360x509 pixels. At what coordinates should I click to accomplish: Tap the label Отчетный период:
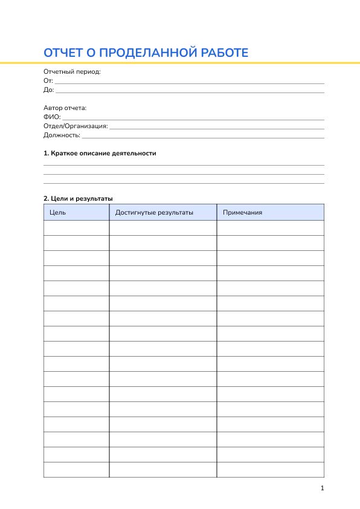click(72, 71)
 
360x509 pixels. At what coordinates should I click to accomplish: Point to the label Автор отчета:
click(65, 108)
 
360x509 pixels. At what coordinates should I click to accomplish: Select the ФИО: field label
click(52, 117)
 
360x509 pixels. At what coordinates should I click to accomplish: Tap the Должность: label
click(62, 135)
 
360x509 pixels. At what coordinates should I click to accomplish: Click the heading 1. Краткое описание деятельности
click(100, 154)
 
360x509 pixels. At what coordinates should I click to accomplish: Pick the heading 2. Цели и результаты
click(78, 198)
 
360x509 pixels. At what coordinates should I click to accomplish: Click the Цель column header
click(58, 212)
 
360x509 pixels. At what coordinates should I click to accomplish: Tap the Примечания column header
click(242, 212)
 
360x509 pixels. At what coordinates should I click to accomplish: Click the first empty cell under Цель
click(76, 228)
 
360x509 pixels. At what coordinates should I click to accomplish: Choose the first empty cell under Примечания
click(270, 228)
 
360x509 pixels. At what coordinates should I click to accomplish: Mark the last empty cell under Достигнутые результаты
click(162, 470)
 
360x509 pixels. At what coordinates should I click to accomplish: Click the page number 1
click(323, 488)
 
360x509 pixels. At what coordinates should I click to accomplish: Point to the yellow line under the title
click(180, 63)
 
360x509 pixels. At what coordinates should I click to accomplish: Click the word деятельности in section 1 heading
click(134, 154)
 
